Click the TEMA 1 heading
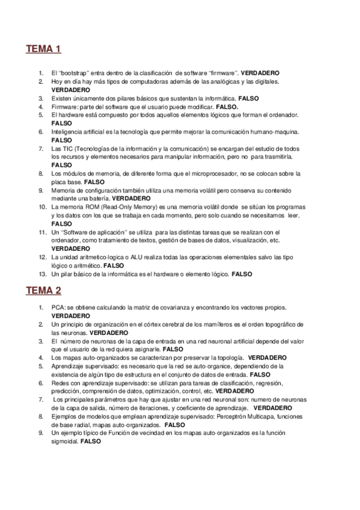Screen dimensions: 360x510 [x=43, y=49]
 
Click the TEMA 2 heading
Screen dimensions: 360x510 [x=43, y=291]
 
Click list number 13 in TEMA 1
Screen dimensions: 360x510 [x=41, y=274]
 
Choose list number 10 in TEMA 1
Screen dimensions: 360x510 [x=41, y=207]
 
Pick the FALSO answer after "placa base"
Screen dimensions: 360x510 [x=94, y=182]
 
